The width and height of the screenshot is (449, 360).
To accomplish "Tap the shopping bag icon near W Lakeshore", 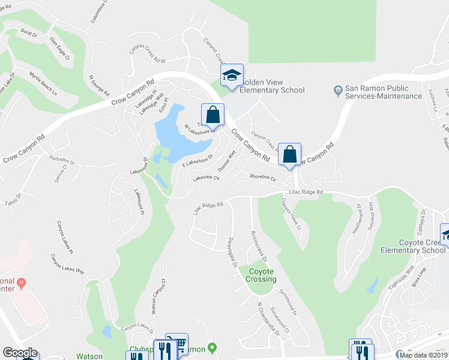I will tap(212, 114).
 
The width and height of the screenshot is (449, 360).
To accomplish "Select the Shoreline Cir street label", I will tap(262, 178).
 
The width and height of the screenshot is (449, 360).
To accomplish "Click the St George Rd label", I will tap(99, 86).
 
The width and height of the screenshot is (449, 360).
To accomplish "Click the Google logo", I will tap(20, 353).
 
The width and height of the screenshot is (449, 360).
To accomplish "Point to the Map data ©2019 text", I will tap(424, 355).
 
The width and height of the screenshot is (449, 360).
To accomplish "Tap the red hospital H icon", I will tap(21, 282).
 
